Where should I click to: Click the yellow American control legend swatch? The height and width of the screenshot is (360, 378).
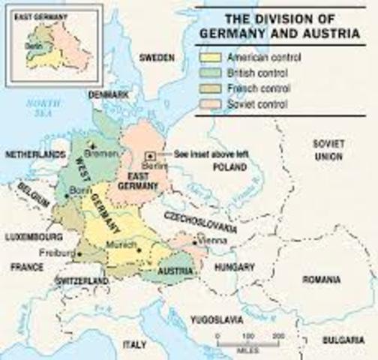pos(211,58)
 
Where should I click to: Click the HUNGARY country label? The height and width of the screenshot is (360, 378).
pos(235,266)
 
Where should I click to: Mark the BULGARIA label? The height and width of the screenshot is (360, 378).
pos(343,340)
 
